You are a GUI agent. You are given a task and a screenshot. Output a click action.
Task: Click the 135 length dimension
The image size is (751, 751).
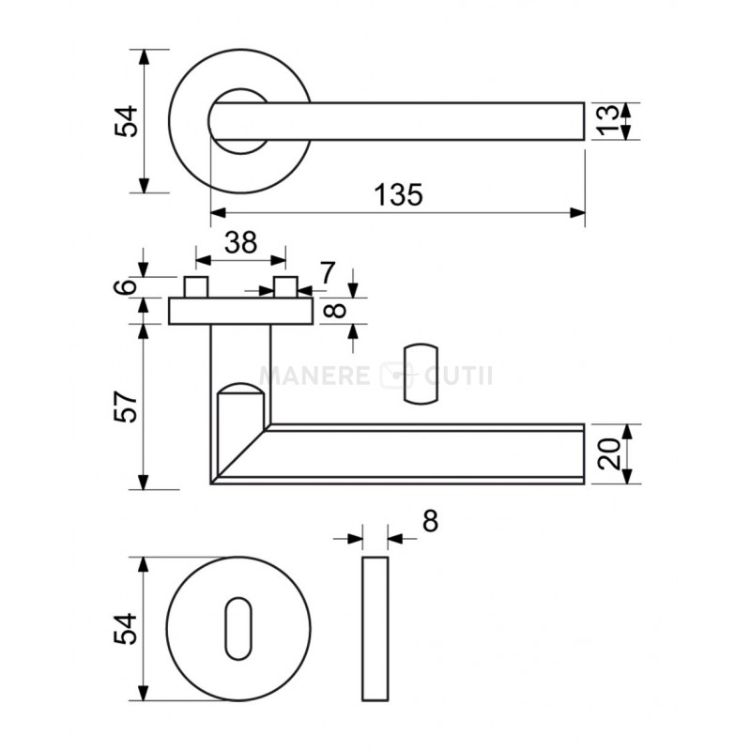(x=398, y=195)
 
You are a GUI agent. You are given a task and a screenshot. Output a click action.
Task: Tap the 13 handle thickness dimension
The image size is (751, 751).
(x=608, y=121)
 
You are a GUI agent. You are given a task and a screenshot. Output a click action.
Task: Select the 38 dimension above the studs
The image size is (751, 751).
(x=241, y=242)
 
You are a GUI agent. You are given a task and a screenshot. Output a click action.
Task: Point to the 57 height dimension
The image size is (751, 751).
(x=126, y=406)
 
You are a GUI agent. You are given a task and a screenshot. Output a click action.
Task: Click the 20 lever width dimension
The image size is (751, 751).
(x=609, y=454)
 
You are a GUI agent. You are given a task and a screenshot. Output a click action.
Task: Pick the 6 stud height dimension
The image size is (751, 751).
(x=126, y=286)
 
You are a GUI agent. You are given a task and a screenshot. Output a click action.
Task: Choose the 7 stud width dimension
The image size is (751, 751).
(x=328, y=273)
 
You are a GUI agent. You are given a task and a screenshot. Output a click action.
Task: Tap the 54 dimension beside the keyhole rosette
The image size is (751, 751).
(x=126, y=628)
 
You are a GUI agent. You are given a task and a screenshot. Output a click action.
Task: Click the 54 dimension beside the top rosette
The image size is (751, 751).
(x=126, y=121)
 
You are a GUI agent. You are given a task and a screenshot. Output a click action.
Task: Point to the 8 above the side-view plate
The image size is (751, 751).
(x=430, y=521)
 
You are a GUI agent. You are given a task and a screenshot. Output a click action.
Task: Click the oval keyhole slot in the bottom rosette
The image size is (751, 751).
(x=238, y=628)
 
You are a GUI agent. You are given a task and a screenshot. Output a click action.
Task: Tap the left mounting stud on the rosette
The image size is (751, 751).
(x=196, y=287)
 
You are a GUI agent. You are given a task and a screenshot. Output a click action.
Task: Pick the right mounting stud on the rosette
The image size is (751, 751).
(x=286, y=287)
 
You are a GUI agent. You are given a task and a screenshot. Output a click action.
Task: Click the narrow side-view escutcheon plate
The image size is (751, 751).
(x=375, y=629)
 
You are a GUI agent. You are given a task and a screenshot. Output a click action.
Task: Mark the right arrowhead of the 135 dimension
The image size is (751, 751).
(x=577, y=213)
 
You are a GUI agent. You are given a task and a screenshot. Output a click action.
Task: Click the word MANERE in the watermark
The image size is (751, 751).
(x=314, y=375)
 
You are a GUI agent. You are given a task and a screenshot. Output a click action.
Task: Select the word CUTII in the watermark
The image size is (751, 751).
(x=458, y=375)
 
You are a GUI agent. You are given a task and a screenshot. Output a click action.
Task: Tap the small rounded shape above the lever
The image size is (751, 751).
(x=421, y=374)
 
